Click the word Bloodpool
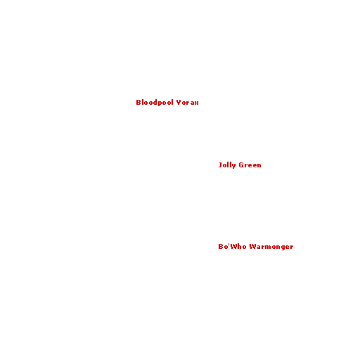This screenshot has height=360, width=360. (155, 103)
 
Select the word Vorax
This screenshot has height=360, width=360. (188, 103)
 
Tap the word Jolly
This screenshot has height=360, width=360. (227, 165)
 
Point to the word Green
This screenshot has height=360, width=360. (250, 165)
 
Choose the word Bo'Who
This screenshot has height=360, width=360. (232, 247)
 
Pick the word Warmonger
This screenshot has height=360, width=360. (271, 247)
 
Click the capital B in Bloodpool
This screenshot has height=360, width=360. (139, 103)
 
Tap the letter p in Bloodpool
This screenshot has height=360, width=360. (160, 103)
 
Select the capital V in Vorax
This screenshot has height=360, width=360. (179, 103)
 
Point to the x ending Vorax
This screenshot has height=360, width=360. (196, 103)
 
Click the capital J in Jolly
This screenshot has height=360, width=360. (220, 165)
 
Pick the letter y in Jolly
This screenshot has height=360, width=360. (233, 166)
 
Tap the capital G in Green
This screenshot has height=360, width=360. (241, 165)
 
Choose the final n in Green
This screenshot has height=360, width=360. (259, 166)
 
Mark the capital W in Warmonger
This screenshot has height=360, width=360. (252, 247)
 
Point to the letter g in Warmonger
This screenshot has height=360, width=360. (282, 247)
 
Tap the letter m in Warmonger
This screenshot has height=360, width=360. (266, 247)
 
